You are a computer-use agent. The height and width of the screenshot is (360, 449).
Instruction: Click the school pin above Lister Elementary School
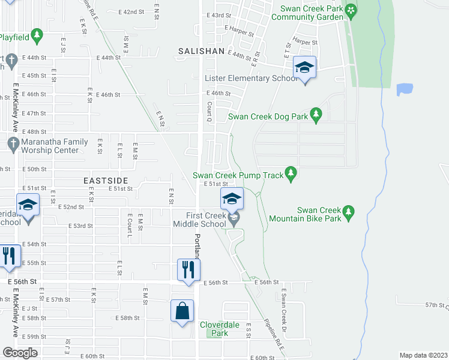(x=304, y=68)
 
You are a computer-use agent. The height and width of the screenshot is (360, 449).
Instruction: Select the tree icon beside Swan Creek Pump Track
(x=291, y=174)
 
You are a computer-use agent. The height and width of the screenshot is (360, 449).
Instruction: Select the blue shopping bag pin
(x=182, y=311)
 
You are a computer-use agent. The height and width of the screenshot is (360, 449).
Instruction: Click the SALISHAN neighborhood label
(x=201, y=52)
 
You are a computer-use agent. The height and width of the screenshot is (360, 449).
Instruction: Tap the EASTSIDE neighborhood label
(x=106, y=180)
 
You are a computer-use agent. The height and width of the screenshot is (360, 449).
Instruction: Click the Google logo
(x=20, y=353)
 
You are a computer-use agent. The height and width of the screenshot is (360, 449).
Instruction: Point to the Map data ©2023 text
(x=423, y=355)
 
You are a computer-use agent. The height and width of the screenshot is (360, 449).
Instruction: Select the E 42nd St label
(x=131, y=11)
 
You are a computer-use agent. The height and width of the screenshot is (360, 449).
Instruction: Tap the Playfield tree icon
(x=37, y=36)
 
